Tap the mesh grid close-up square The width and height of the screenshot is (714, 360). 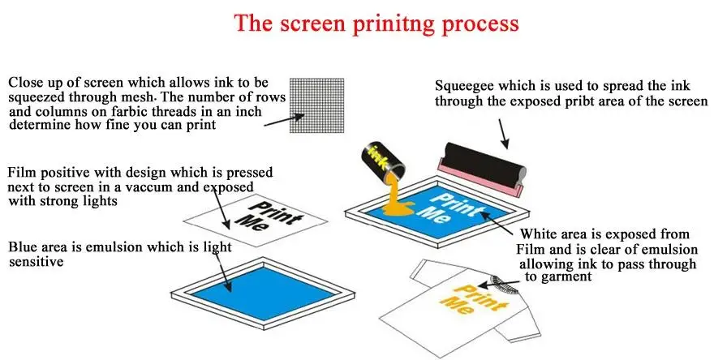(316, 105)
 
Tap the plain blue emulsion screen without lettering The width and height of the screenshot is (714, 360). (263, 293)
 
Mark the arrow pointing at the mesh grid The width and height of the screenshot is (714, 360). (284, 119)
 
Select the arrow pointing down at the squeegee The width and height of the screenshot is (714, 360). (504, 133)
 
